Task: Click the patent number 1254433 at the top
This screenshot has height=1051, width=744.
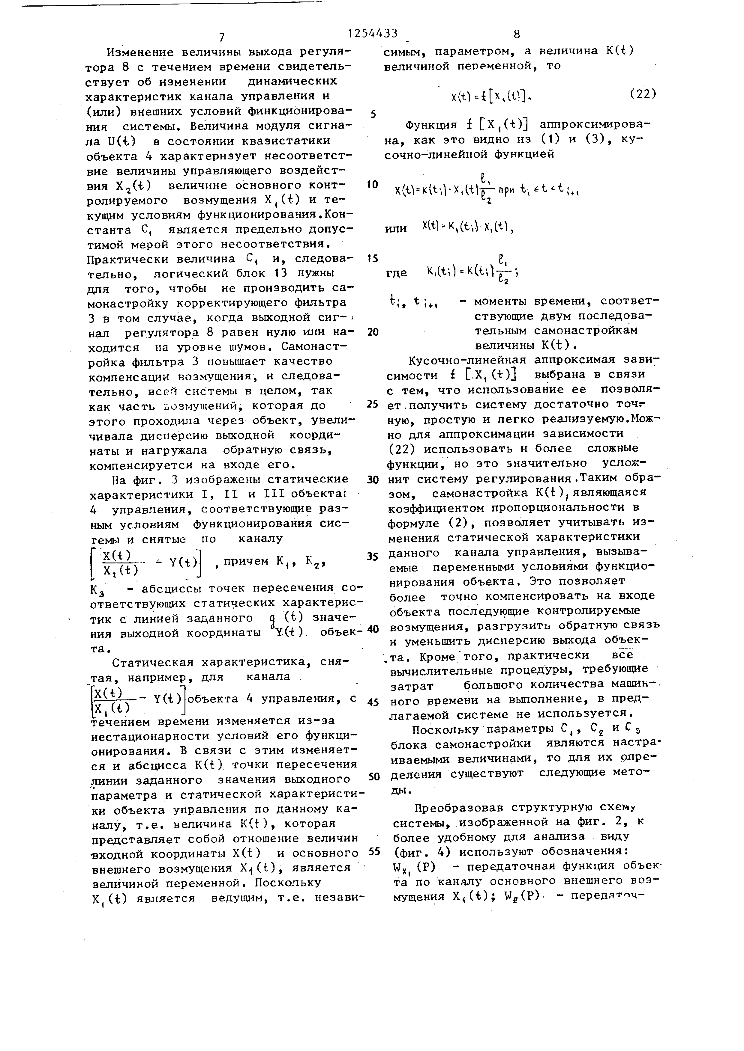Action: tap(373, 34)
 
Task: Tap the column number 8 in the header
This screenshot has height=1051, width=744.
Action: tap(517, 35)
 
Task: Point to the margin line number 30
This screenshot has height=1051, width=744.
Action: tap(373, 480)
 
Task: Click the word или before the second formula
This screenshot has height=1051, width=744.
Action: tap(396, 228)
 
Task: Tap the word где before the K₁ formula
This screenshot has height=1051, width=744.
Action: tap(396, 273)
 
